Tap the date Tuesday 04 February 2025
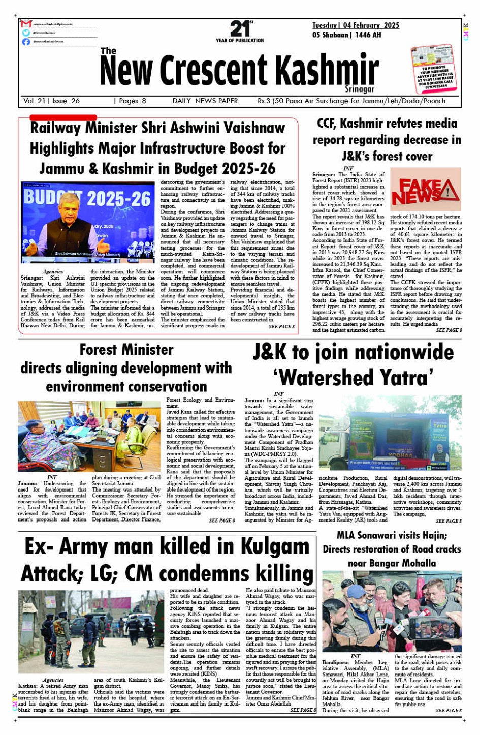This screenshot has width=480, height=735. click(x=356, y=25)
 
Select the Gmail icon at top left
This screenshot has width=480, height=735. click(x=26, y=24)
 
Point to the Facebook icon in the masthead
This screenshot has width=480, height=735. click(x=26, y=42)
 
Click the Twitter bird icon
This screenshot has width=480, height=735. click(x=26, y=33)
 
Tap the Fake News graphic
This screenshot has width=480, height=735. click(x=426, y=190)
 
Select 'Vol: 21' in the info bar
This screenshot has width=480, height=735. click(x=35, y=101)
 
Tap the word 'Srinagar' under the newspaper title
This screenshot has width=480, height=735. click(x=360, y=89)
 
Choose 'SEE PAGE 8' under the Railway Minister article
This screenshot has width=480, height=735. click(x=281, y=327)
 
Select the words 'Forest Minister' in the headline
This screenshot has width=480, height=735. click(x=126, y=350)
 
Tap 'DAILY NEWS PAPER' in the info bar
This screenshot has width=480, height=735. click(x=205, y=101)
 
